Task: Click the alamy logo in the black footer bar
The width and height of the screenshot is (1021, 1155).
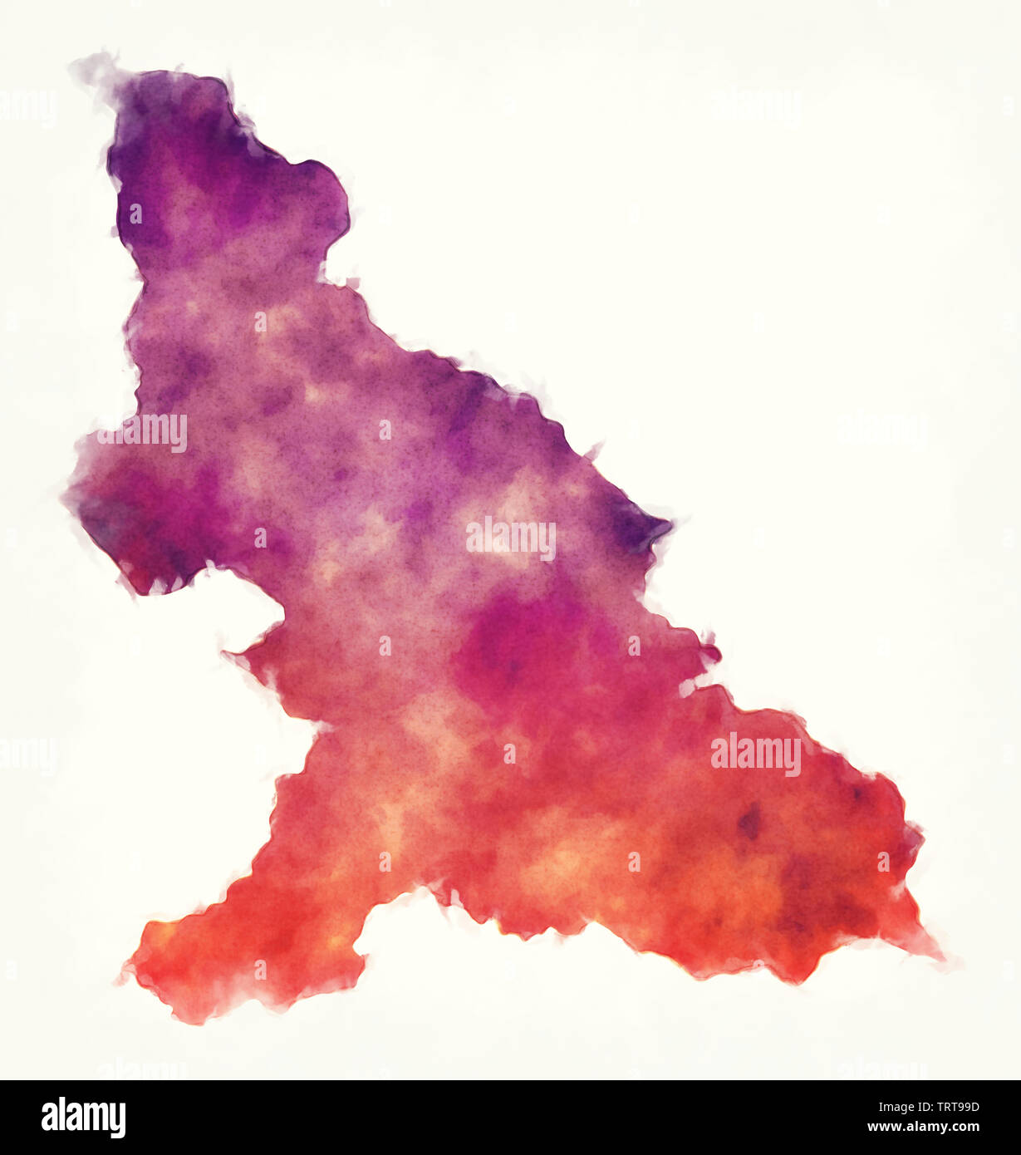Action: [83, 1118]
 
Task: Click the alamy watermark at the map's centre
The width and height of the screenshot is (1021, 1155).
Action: [510, 539]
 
